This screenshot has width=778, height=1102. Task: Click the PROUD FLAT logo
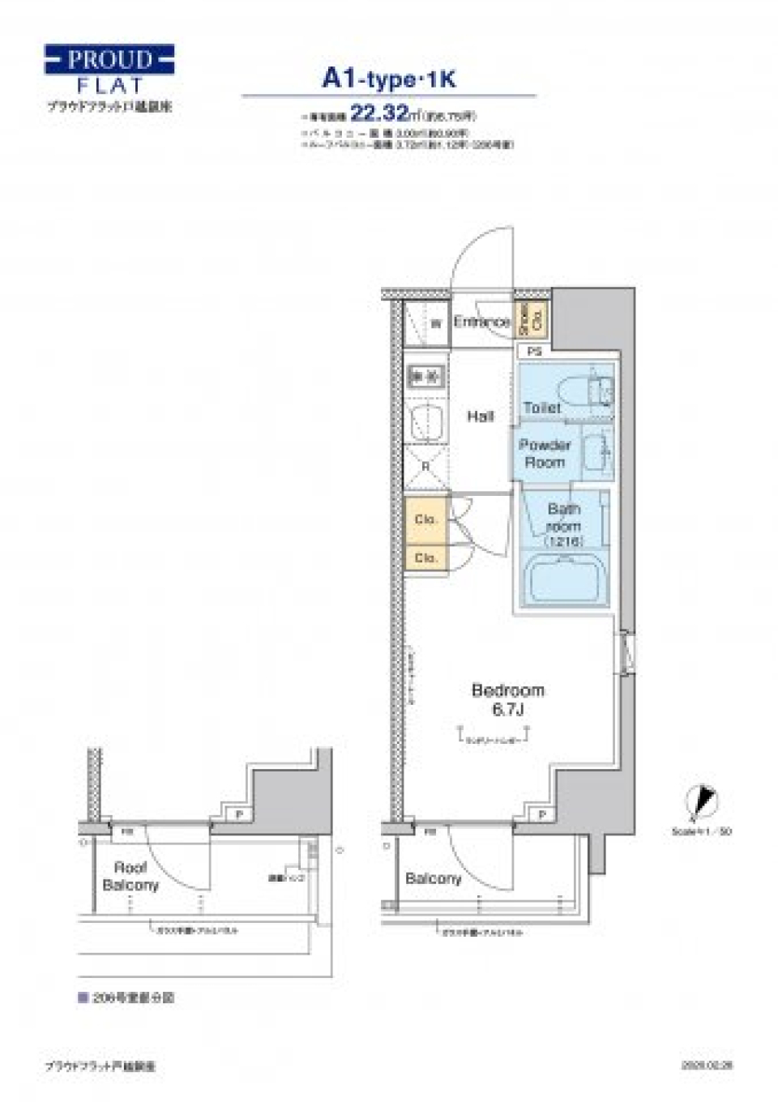(109, 70)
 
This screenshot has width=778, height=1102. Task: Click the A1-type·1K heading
(389, 79)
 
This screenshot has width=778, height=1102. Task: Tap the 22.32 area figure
(379, 113)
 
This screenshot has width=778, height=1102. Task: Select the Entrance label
(481, 322)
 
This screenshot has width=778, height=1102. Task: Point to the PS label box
(534, 352)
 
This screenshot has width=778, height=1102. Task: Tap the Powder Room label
(545, 454)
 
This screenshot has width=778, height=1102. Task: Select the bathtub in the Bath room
(564, 579)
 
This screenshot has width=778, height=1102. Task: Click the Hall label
(480, 416)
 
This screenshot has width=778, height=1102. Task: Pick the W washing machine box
(435, 323)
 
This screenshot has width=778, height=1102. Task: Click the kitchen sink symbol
(426, 421)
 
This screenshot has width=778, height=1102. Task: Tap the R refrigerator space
(426, 467)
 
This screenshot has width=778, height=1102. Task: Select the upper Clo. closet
(425, 519)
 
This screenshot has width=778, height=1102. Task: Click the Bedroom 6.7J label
(507, 699)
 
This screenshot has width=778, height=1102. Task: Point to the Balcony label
(433, 878)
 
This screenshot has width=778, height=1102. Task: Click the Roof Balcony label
(130, 876)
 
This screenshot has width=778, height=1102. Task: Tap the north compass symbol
(702, 802)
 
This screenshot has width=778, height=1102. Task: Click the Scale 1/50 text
(702, 831)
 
